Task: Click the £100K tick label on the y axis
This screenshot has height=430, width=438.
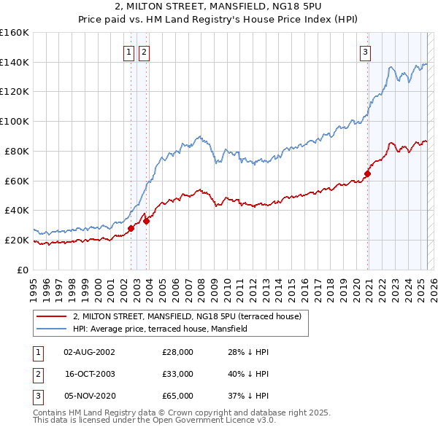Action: point(14,121)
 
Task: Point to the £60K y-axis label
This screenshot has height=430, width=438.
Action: point(16,181)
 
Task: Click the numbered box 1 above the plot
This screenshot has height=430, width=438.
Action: point(129,52)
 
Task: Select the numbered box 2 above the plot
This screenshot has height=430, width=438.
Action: point(144,52)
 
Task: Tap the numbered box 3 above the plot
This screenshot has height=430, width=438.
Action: point(364,52)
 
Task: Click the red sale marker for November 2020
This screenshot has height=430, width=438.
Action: point(368,173)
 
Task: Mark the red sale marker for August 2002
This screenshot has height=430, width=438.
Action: point(131,228)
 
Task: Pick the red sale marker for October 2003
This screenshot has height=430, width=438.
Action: point(147,221)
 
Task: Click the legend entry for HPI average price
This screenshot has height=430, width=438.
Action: point(160,329)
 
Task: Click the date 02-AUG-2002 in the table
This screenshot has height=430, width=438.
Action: point(89,352)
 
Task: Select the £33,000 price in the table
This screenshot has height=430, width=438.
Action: point(178,374)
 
